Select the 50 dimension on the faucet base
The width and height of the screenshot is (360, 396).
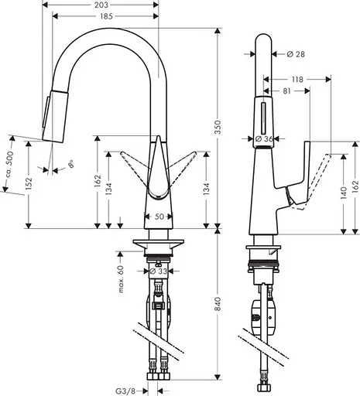159,217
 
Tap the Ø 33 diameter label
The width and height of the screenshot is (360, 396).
159,271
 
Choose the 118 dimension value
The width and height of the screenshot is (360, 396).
297,79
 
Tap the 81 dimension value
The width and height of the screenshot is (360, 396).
287,91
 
